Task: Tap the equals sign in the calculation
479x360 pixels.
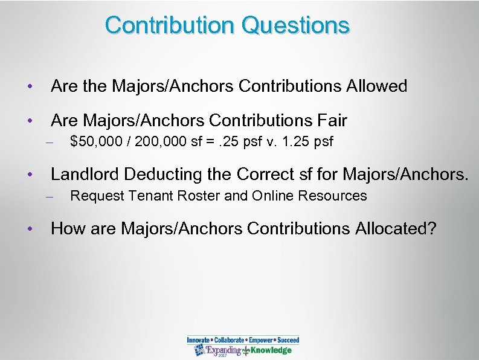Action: tap(201, 143)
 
